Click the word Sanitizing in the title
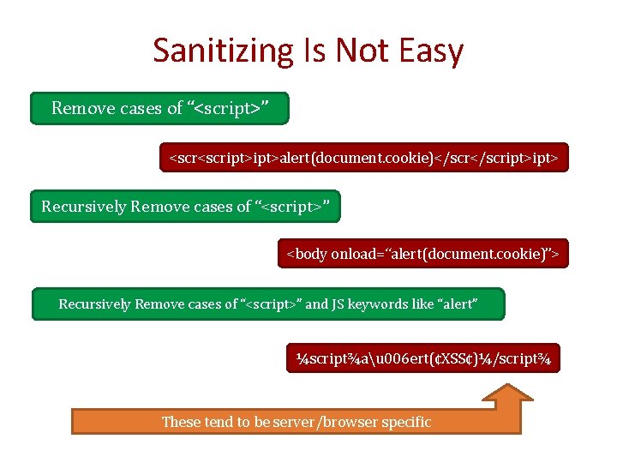222,51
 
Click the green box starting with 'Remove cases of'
160,108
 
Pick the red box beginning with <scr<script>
363,158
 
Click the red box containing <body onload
422,254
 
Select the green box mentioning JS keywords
268,304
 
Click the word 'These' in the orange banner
181,422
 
